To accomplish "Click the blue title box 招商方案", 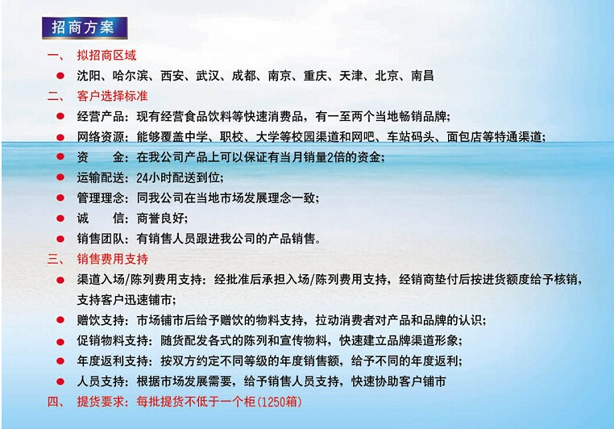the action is pyautogui.click(x=85, y=27).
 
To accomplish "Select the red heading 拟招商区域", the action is pyautogui.click(x=106, y=56).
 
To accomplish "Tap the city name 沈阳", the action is pyautogui.click(x=89, y=76).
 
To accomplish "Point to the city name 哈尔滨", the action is pyautogui.click(x=131, y=76).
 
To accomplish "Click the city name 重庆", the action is pyautogui.click(x=315, y=76).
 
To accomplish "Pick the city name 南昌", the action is pyautogui.click(x=422, y=76).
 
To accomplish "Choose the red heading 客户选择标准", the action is pyautogui.click(x=112, y=96).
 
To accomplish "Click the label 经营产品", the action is pyautogui.click(x=100, y=116).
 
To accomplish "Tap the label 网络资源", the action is pyautogui.click(x=100, y=137).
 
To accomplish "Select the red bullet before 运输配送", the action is pyautogui.click(x=60, y=177).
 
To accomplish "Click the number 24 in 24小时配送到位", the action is pyautogui.click(x=142, y=178).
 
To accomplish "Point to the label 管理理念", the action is pyautogui.click(x=100, y=198).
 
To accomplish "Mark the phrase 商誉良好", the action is pyautogui.click(x=160, y=219).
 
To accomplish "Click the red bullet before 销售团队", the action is pyautogui.click(x=60, y=238).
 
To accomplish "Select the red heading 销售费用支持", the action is pyautogui.click(x=112, y=259).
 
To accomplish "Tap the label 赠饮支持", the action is pyautogui.click(x=100, y=320).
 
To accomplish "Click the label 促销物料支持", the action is pyautogui.click(x=112, y=340).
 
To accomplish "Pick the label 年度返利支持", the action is pyautogui.click(x=112, y=360).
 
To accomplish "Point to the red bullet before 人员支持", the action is pyautogui.click(x=60, y=381).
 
